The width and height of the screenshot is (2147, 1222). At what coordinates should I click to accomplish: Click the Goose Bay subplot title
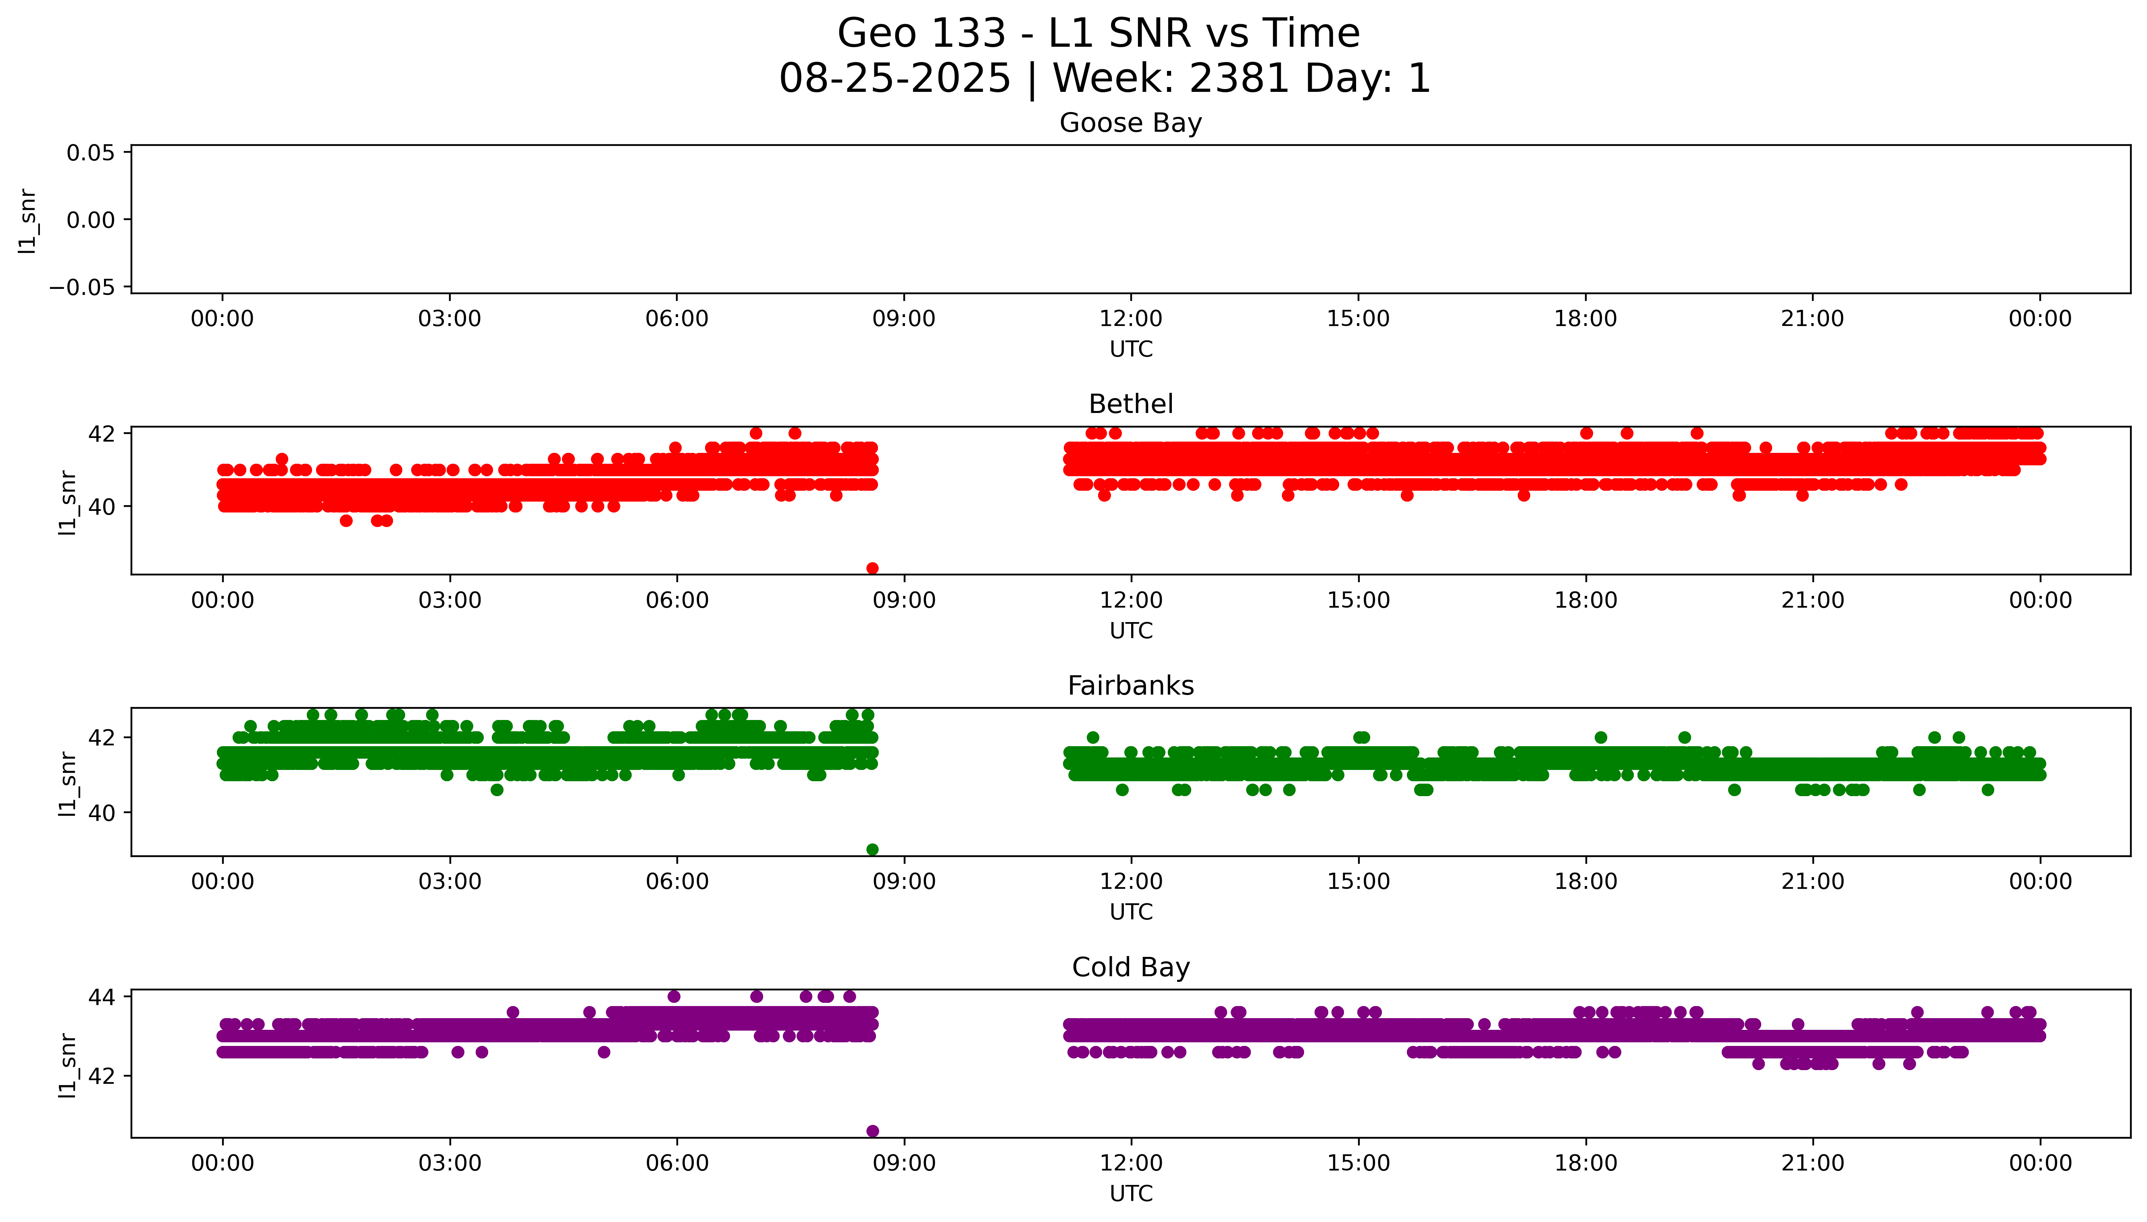click(1130, 123)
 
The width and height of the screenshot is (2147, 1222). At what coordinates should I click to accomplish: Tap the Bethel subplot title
click(1130, 405)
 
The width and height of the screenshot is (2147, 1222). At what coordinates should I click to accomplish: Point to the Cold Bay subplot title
click(1130, 968)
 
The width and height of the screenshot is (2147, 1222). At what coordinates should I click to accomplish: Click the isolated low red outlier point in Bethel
click(872, 568)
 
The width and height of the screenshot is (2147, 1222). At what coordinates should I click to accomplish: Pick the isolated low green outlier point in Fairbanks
click(872, 849)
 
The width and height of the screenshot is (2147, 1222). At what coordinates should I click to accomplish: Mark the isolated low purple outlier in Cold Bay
click(872, 1131)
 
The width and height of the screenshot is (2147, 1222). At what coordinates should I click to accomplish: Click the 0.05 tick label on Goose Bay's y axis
click(91, 153)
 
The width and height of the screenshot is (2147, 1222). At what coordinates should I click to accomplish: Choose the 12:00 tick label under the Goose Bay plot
click(1130, 319)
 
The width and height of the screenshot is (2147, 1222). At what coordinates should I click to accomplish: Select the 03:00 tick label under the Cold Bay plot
click(449, 1163)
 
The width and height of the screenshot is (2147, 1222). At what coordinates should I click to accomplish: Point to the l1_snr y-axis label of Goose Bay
click(28, 221)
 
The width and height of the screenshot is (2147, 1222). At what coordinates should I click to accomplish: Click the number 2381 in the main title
click(1239, 79)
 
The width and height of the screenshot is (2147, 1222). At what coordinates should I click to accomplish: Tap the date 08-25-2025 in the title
click(894, 79)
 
